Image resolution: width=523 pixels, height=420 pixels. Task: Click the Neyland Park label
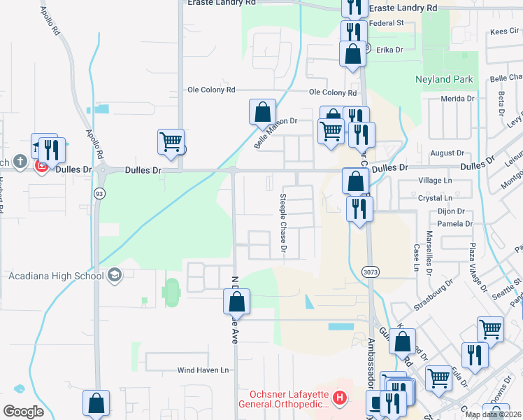[444, 79]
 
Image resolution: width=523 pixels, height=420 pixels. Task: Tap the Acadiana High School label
[56, 275]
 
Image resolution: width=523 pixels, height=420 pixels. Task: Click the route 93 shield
[100, 194]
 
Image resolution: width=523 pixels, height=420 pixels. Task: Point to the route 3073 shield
[371, 270]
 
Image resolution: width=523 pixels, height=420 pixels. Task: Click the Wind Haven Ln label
[203, 370]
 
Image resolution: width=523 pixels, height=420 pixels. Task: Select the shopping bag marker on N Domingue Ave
[236, 302]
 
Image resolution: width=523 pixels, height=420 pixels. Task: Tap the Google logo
[23, 411]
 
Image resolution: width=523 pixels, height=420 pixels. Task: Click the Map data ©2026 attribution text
[493, 414]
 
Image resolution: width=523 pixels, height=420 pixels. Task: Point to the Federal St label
[386, 23]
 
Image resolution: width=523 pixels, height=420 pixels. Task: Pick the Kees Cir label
[505, 31]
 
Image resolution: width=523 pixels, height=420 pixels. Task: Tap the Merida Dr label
[457, 99]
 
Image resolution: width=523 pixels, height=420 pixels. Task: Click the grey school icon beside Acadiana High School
[115, 275]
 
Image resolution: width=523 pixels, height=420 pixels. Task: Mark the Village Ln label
[435, 181]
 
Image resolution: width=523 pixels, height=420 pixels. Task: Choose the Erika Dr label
[390, 50]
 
